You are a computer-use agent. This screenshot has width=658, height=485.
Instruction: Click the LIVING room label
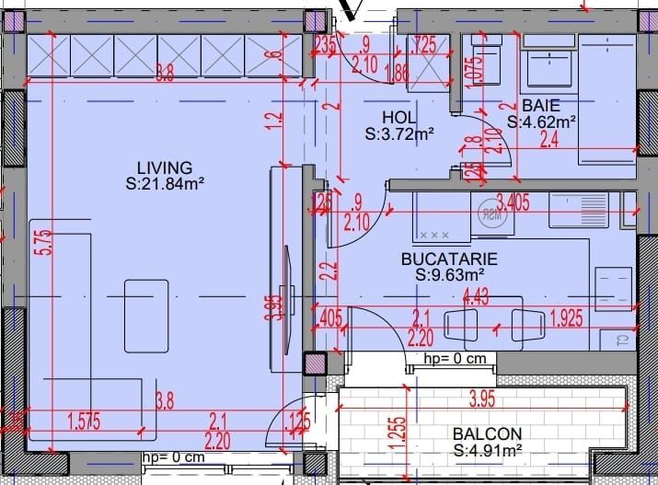(x=164, y=167)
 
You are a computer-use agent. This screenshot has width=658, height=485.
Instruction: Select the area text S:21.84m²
(x=164, y=183)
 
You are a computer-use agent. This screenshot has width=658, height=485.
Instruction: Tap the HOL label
(x=399, y=119)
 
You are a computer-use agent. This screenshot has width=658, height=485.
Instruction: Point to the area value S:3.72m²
(x=399, y=134)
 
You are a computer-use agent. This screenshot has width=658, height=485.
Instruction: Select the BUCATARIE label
(x=449, y=259)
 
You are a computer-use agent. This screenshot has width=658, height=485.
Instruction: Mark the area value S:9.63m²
(x=449, y=274)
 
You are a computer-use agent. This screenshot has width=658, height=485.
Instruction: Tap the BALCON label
(x=487, y=433)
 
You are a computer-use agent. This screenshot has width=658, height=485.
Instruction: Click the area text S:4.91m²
(x=488, y=450)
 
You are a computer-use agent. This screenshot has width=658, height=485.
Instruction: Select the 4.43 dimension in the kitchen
(x=476, y=295)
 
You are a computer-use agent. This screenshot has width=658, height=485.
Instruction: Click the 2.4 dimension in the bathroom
(x=548, y=141)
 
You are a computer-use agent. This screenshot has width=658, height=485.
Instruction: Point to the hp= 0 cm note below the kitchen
(x=454, y=359)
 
